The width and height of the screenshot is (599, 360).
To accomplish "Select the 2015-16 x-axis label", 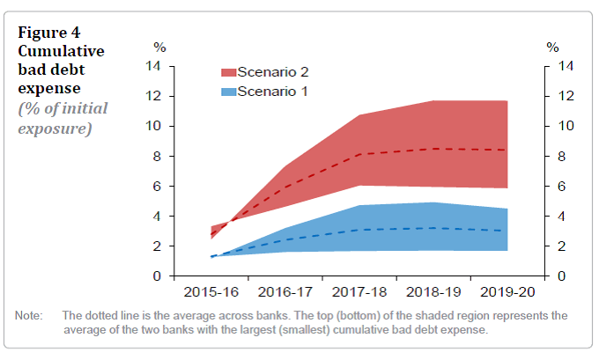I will coord(211,290).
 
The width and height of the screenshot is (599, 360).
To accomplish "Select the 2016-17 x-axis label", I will coord(285,290).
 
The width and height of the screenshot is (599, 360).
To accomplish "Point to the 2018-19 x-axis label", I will coord(433,290).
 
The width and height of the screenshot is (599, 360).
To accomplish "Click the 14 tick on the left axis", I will coord(153,66).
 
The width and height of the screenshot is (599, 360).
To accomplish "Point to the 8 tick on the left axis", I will coord(157,157).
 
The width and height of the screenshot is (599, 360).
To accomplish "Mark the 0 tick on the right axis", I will coord(550,276).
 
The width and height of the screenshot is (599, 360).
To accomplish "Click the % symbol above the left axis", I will coord(159,47).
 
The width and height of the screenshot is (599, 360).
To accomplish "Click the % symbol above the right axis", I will coord(552,47).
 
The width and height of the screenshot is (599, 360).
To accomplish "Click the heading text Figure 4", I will coord(49,33).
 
